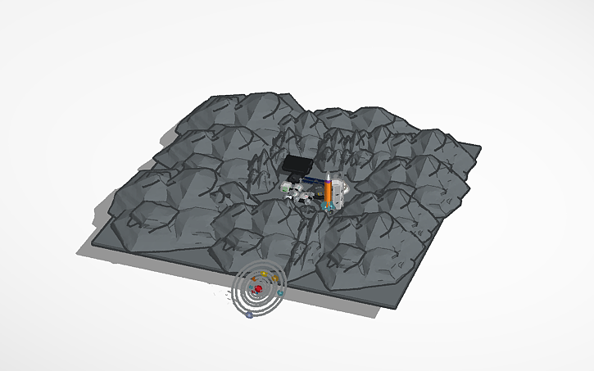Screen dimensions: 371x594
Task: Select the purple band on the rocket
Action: pyautogui.click(x=328, y=181)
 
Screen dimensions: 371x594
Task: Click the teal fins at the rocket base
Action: pyautogui.click(x=329, y=208)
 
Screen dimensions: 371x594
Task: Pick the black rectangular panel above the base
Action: pyautogui.click(x=297, y=166)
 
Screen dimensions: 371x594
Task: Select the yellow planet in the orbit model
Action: pyautogui.click(x=264, y=274)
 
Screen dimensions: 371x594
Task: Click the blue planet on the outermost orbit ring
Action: pyautogui.click(x=249, y=314)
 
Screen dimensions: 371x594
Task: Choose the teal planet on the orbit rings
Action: pyautogui.click(x=280, y=292)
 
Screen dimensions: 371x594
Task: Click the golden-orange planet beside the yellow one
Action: pyautogui.click(x=275, y=278)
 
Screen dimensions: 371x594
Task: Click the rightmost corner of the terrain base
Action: pyautogui.click(x=481, y=148)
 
